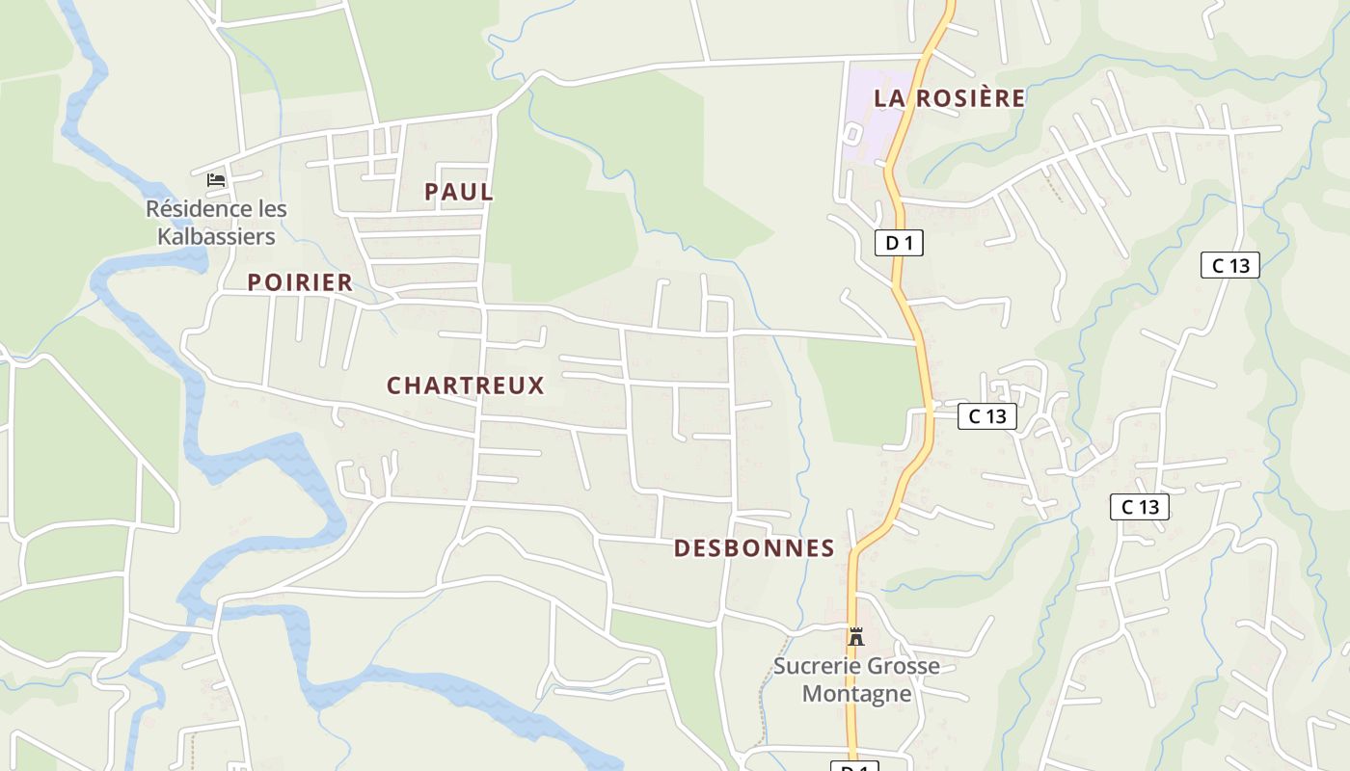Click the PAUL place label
[459, 192]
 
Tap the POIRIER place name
[300, 282]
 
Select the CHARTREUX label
[466, 385]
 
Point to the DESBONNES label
[754, 548]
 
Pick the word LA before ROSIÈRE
[890, 98]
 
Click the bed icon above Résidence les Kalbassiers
[216, 180]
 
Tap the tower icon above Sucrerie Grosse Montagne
[855, 636]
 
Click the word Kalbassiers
[216, 236]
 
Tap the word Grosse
[902, 666]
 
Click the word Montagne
[856, 693]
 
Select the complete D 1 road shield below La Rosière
[899, 243]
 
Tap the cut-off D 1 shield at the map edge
[854, 766]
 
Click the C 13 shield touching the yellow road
[986, 416]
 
